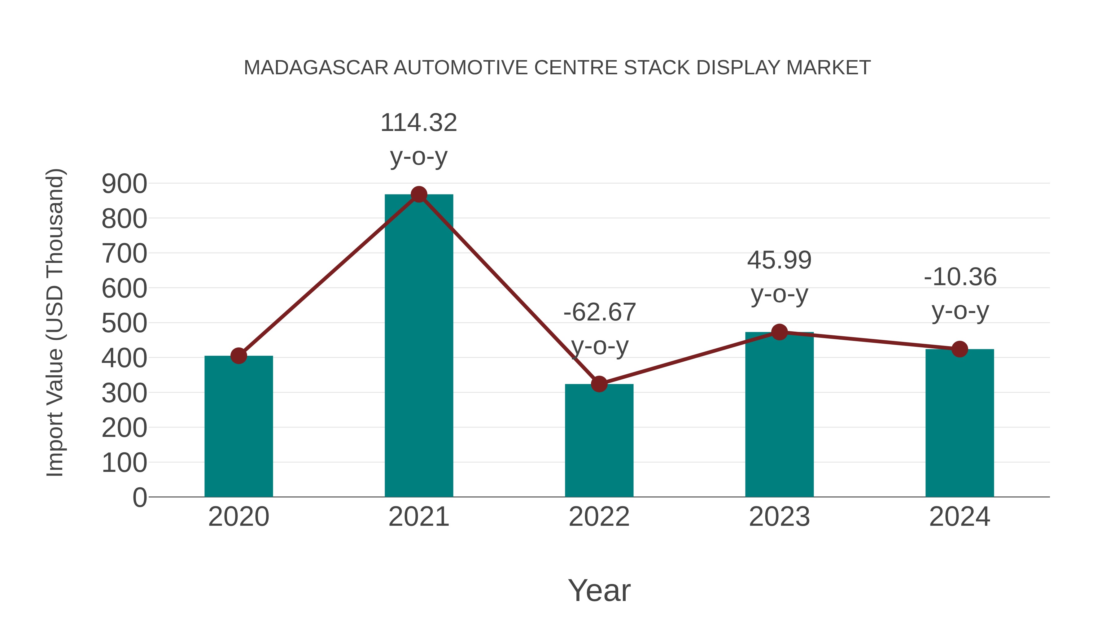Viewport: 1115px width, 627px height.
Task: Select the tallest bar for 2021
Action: [x=418, y=346]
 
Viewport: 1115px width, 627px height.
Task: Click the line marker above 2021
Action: [x=418, y=195]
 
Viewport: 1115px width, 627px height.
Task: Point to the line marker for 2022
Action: [x=599, y=384]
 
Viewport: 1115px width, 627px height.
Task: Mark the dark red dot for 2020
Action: [x=238, y=356]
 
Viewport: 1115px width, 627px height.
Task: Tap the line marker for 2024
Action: [x=960, y=349]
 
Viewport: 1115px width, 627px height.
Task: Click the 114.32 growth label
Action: [x=418, y=123]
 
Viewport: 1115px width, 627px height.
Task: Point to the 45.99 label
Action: [x=779, y=260]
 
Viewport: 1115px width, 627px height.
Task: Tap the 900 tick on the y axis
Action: [x=124, y=184]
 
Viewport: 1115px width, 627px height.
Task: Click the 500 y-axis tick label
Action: [x=124, y=323]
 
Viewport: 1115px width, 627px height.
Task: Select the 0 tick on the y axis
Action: [x=139, y=498]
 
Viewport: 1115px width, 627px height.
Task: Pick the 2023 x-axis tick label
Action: [x=779, y=517]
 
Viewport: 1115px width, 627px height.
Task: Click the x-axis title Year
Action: [x=599, y=591]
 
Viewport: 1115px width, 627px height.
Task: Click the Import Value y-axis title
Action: [x=55, y=322]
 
